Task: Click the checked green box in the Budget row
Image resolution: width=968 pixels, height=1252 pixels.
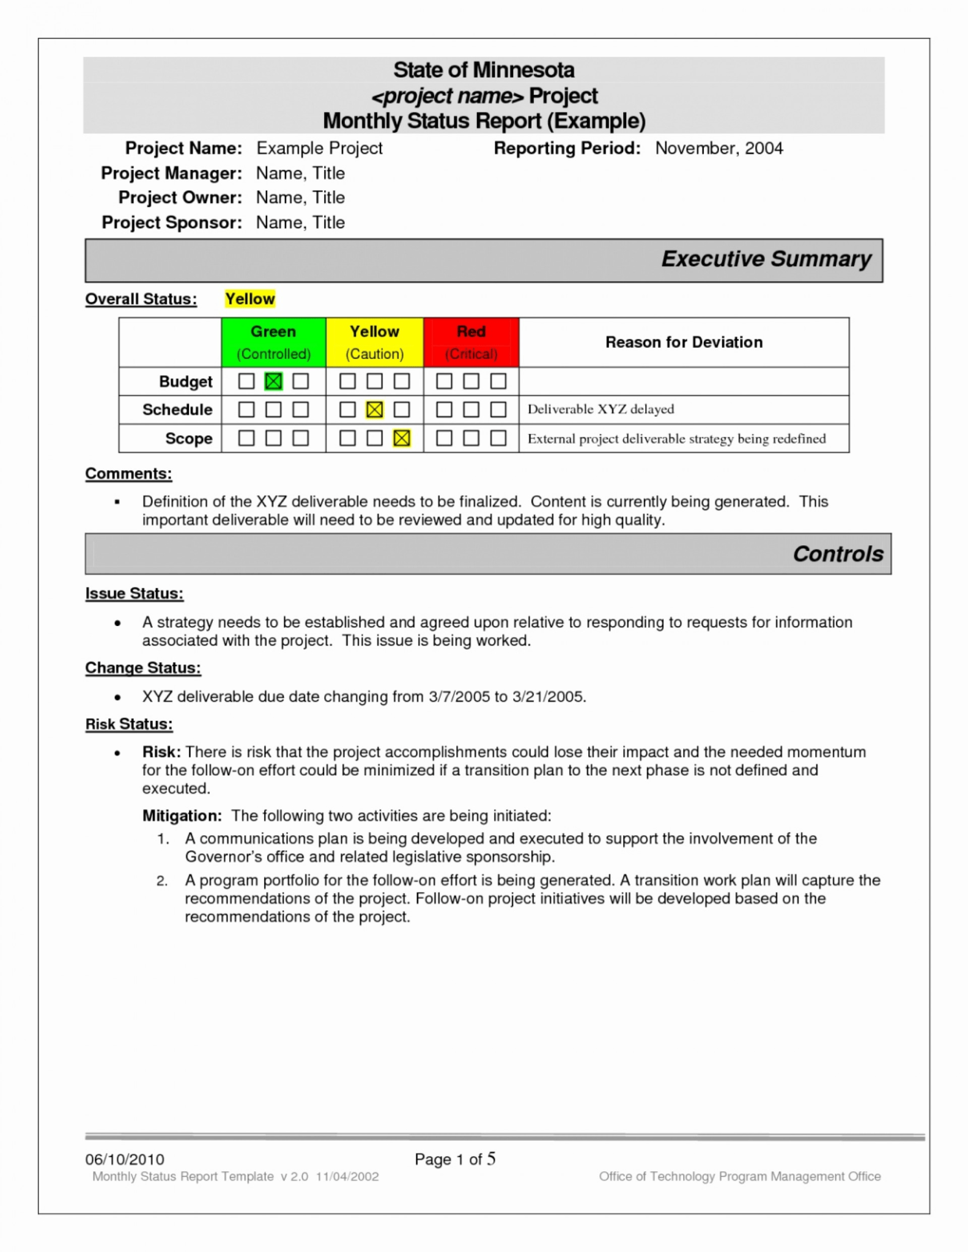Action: pyautogui.click(x=273, y=381)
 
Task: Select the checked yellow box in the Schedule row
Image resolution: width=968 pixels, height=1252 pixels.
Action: pyautogui.click(x=374, y=410)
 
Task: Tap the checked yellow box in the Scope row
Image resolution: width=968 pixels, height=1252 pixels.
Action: pyautogui.click(x=402, y=438)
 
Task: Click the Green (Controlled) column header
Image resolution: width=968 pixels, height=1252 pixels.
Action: pyautogui.click(x=273, y=342)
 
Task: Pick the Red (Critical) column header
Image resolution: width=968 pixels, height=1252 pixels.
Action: pyautogui.click(x=471, y=342)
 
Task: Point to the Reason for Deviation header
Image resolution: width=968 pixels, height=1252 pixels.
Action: pyautogui.click(x=684, y=342)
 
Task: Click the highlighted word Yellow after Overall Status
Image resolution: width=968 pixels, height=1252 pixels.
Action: pyautogui.click(x=250, y=299)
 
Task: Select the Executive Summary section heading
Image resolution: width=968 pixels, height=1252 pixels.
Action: pyautogui.click(x=766, y=259)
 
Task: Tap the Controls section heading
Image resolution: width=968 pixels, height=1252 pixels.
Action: pyautogui.click(x=838, y=554)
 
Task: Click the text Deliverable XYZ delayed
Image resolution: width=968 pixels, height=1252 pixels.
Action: pyautogui.click(x=600, y=409)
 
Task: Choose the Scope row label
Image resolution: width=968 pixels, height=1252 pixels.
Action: pyautogui.click(x=188, y=439)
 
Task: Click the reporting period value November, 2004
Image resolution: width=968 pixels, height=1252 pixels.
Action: pyautogui.click(x=719, y=149)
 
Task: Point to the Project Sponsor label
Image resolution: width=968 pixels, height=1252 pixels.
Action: pyautogui.click(x=172, y=223)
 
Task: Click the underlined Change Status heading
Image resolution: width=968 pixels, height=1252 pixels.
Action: pyautogui.click(x=142, y=668)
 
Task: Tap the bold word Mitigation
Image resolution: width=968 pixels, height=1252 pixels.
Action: pyautogui.click(x=182, y=816)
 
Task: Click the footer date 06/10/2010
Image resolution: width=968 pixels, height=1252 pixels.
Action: pyautogui.click(x=125, y=1159)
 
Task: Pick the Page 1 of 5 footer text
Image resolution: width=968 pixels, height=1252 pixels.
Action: pyautogui.click(x=454, y=1159)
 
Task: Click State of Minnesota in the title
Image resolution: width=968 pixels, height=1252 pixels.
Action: pyautogui.click(x=484, y=70)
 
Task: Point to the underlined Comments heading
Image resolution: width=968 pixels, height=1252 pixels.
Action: pyautogui.click(x=128, y=474)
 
